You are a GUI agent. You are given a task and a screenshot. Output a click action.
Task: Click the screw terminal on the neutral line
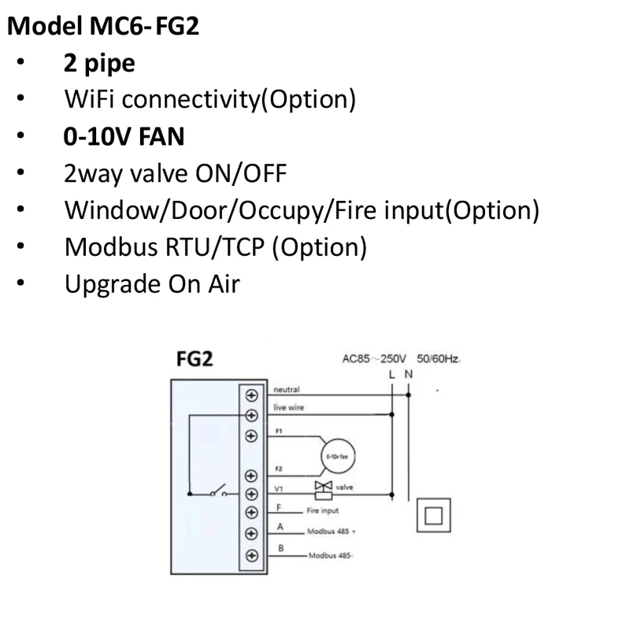pyautogui.click(x=252, y=395)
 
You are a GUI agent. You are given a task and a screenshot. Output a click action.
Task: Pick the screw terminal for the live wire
pyautogui.click(x=252, y=415)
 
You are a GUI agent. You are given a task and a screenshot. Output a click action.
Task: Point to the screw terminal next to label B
pyautogui.click(x=252, y=554)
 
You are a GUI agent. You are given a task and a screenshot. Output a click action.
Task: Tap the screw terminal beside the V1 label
pyautogui.click(x=252, y=494)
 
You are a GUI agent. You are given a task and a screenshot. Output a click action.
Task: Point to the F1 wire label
pyautogui.click(x=280, y=432)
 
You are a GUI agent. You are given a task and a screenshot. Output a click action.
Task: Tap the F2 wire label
pyautogui.click(x=280, y=469)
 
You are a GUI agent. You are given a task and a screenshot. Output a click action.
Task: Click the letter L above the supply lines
pyautogui.click(x=392, y=373)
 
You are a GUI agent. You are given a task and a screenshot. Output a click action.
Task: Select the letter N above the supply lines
pyautogui.click(x=408, y=373)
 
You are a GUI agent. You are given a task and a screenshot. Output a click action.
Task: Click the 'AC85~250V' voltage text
pyautogui.click(x=372, y=360)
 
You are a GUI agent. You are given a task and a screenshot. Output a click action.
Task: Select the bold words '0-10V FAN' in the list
pyautogui.click(x=124, y=137)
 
